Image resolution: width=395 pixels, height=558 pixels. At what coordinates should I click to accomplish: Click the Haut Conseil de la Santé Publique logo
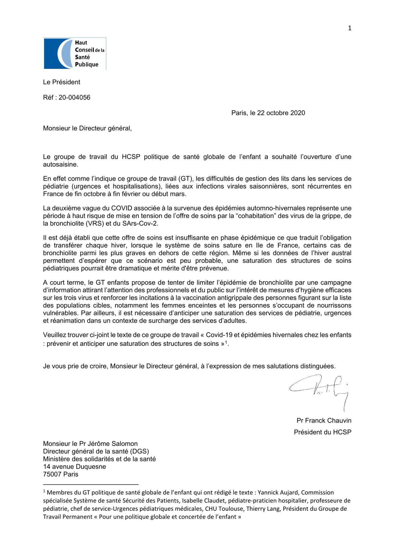pyautogui.click(x=75, y=53)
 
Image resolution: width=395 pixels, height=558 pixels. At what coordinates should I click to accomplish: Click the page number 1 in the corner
pyautogui.click(x=349, y=28)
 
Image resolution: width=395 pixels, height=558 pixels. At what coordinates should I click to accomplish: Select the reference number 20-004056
pyautogui.click(x=74, y=97)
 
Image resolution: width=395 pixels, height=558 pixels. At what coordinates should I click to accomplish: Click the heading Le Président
pyautogui.click(x=61, y=82)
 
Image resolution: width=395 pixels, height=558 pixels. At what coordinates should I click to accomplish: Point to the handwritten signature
pyautogui.click(x=320, y=390)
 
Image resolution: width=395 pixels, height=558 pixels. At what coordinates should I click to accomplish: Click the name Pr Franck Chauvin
pyautogui.click(x=324, y=420)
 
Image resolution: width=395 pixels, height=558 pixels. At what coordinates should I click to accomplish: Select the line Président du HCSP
pyautogui.click(x=322, y=432)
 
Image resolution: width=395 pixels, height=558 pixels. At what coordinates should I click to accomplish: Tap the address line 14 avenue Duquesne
pyautogui.click(x=75, y=466)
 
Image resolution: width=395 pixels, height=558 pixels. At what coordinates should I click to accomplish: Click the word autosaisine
pyautogui.click(x=60, y=164)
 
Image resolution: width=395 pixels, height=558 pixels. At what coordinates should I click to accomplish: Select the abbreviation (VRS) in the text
pyautogui.click(x=95, y=223)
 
